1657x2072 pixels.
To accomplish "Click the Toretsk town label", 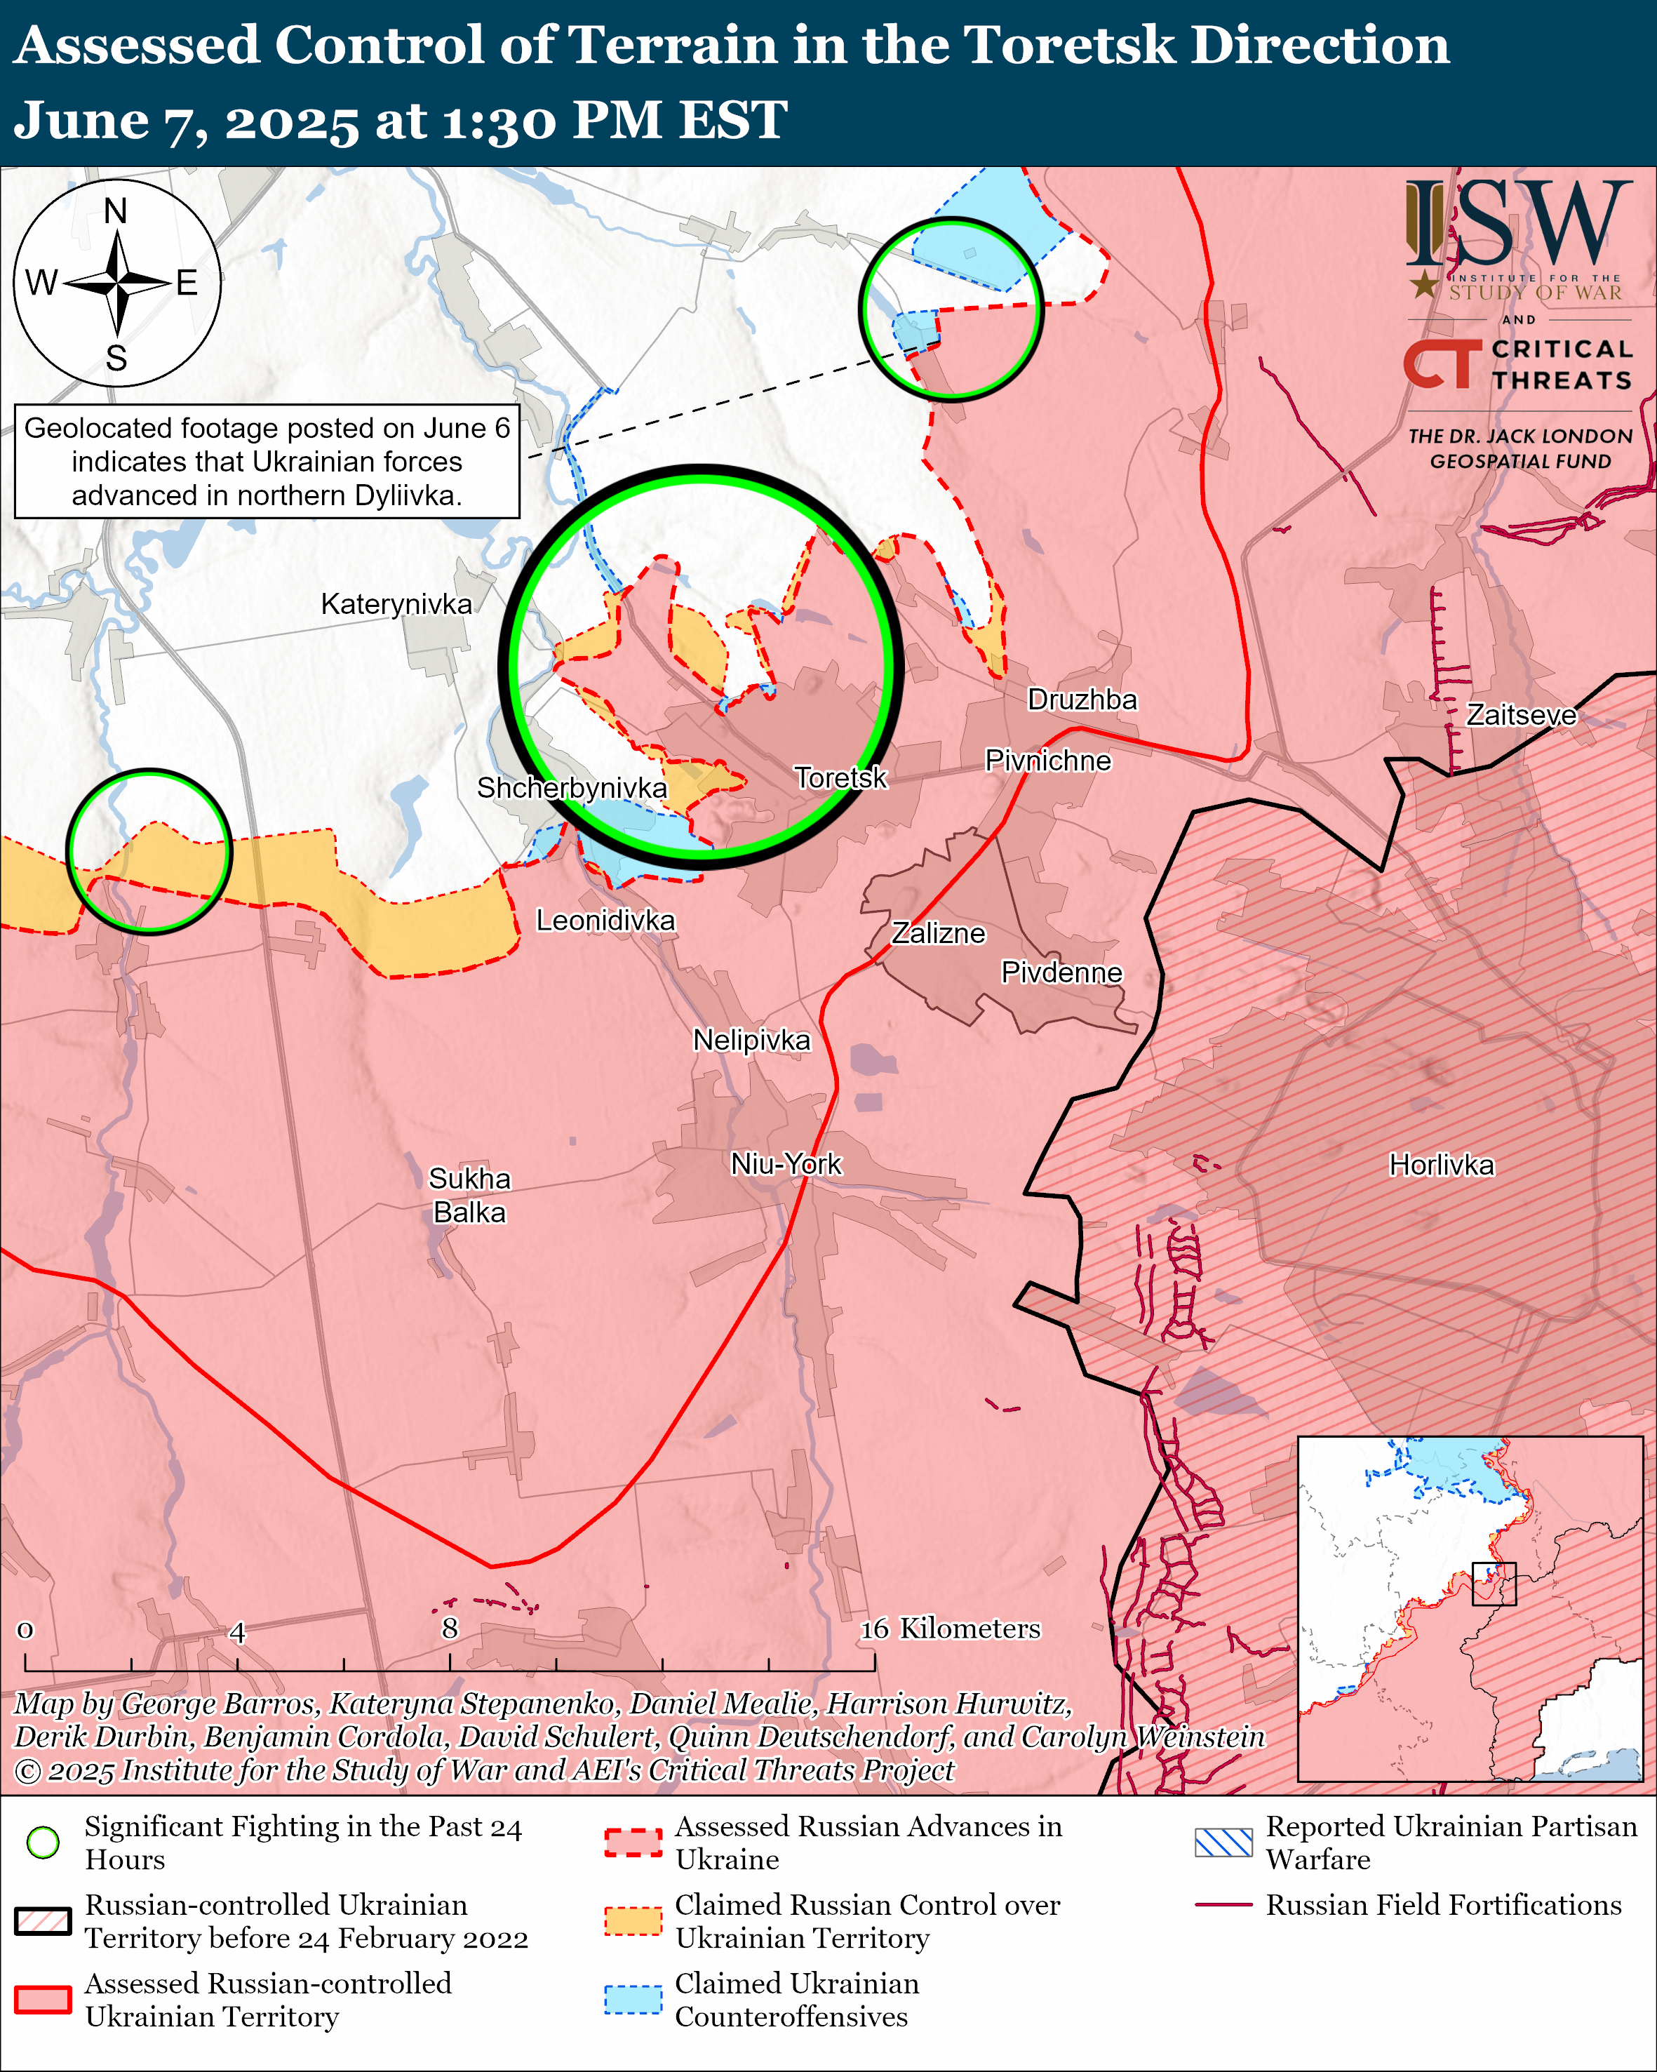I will click(840, 777).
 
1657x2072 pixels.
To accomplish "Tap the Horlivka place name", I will click(1441, 1165).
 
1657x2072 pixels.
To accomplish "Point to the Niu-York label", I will click(786, 1164).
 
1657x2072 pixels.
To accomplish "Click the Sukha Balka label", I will click(469, 1194).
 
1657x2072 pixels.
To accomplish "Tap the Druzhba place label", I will click(1082, 699).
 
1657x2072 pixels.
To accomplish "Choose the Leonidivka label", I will click(605, 920).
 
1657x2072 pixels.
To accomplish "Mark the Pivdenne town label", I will click(1061, 972).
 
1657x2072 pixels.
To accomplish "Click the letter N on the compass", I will click(115, 210).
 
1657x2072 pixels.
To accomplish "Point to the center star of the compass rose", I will click(117, 283).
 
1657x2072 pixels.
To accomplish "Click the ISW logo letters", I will click(1517, 226).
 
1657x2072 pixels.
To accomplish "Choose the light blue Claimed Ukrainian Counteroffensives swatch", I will click(633, 1999).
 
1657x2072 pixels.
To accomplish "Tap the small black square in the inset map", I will click(1494, 1584).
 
